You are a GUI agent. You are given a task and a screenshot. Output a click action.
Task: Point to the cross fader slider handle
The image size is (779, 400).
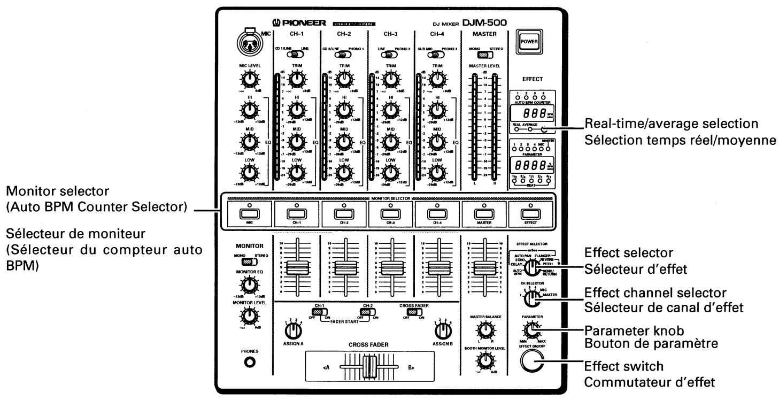(367, 368)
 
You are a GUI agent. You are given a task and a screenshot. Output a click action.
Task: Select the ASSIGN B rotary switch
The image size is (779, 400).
(442, 332)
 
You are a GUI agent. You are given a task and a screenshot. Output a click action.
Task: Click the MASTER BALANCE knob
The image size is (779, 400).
(485, 332)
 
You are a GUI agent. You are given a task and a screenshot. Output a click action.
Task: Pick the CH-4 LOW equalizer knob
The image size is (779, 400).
(437, 172)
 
